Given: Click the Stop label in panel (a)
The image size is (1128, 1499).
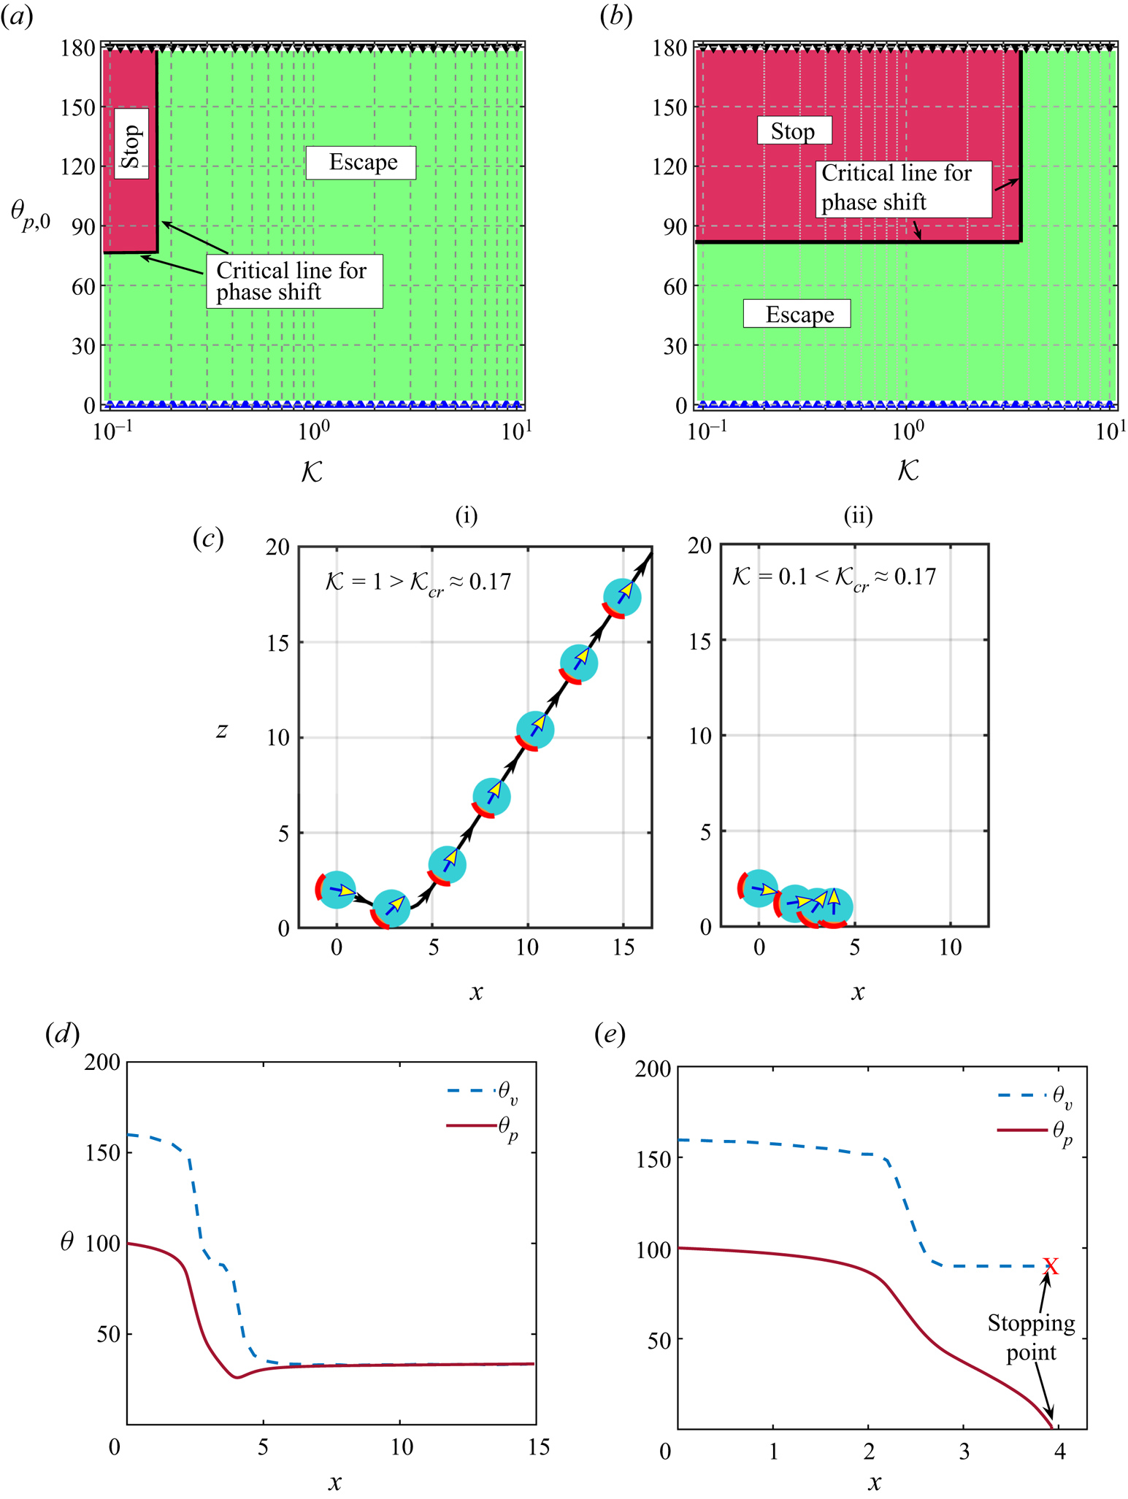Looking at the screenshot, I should [131, 147].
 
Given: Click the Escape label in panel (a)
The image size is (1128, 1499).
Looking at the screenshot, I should [362, 163].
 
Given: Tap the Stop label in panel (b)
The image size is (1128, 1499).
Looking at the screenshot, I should [793, 132].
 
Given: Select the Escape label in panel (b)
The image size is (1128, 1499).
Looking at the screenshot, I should [798, 315].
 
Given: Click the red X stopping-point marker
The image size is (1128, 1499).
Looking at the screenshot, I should [1050, 1265].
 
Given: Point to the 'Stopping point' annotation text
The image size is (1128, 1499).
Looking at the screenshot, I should [1031, 1338].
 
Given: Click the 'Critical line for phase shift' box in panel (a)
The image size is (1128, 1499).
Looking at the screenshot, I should [293, 281].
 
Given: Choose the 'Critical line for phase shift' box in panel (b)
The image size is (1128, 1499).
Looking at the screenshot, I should [902, 188].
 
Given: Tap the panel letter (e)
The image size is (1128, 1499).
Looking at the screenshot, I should [610, 1034].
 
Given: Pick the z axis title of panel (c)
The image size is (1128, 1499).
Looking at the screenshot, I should [221, 730].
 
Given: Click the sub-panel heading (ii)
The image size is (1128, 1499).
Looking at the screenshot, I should [857, 516].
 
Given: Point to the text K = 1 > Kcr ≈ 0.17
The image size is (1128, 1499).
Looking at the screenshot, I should [417, 582].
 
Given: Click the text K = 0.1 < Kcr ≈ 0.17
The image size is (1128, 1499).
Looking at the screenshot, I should [833, 578].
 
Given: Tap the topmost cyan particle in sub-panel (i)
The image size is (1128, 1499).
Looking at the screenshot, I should [622, 597].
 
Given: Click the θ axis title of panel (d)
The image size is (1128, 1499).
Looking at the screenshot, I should [66, 1241].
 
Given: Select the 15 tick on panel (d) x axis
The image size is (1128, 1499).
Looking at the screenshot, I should [538, 1446].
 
